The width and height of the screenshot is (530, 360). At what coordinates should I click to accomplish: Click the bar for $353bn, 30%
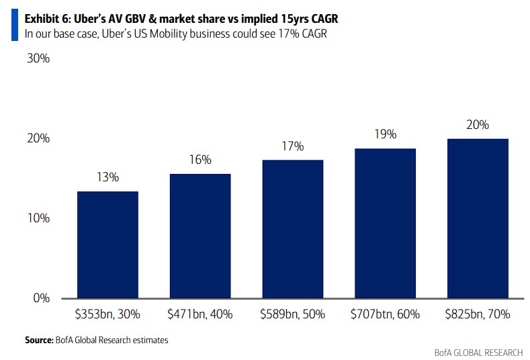coord(107,245)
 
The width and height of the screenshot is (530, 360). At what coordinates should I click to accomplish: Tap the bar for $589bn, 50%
coord(293,229)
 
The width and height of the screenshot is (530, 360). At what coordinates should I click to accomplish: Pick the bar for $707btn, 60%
coord(385,224)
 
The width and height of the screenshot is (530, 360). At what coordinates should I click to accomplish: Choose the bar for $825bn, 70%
coord(478,219)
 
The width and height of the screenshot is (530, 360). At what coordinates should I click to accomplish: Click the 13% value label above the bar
coord(107,177)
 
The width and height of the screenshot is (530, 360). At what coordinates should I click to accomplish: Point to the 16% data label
coord(200,160)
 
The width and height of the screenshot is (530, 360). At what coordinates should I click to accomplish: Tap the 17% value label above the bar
coord(293,146)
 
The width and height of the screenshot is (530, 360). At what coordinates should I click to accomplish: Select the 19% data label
coord(385,134)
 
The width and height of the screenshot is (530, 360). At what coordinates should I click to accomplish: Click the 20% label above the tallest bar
coord(478,124)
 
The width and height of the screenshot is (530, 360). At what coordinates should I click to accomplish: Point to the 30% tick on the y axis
coord(38,58)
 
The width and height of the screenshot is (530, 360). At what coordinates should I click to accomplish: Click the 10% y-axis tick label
coord(38,218)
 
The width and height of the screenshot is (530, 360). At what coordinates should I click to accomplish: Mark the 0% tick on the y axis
coord(42,298)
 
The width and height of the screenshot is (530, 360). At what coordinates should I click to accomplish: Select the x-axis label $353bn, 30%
coord(107,314)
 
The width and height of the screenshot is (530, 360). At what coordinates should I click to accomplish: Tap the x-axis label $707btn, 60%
coord(385,314)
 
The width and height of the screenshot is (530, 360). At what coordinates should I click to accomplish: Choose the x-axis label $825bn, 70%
coord(478,314)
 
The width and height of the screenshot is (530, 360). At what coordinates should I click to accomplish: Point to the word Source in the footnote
coord(39,341)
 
